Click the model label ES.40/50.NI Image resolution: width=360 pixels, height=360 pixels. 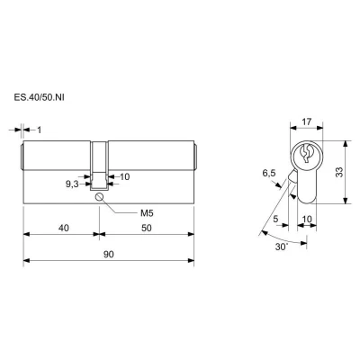pos(39,97)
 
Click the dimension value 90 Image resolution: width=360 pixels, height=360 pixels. pos(109,255)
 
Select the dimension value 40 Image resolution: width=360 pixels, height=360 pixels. pos(64,228)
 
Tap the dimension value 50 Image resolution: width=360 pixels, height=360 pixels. pos(147,228)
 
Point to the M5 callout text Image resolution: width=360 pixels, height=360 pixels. pos(147,213)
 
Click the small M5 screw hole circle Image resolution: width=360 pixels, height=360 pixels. pos(99,197)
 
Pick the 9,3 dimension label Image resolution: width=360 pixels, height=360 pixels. pos(72,184)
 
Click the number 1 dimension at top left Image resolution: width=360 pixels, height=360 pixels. pos(39,130)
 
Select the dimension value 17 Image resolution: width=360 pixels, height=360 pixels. pos(307,121)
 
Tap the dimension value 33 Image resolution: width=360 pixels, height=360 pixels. pos(339,172)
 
